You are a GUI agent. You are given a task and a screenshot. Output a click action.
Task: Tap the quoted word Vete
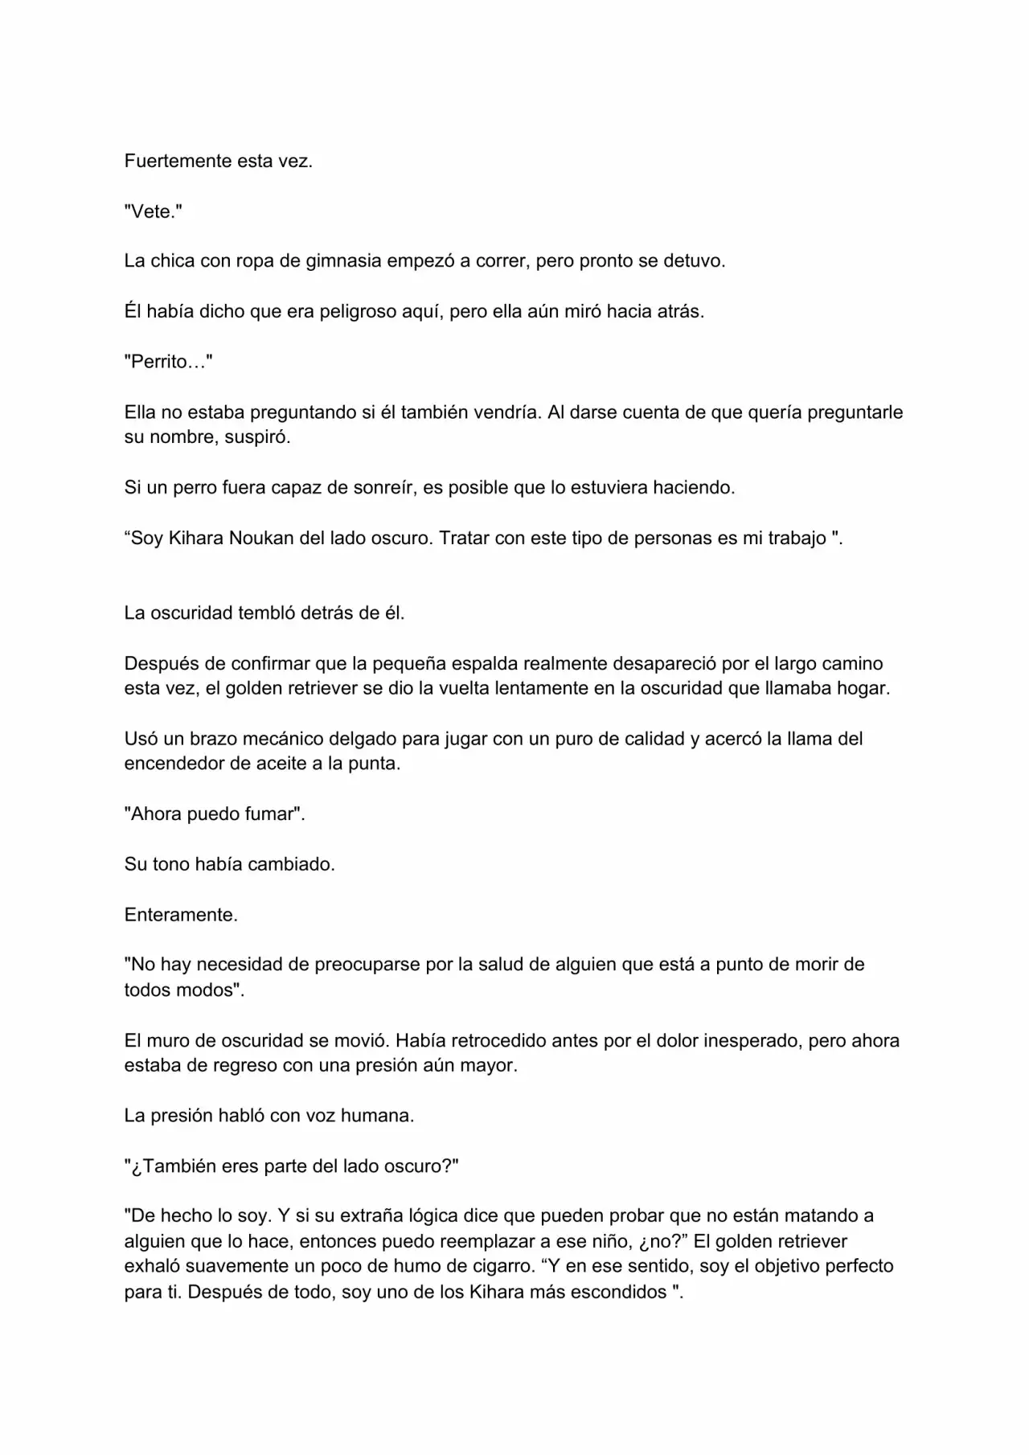(153, 211)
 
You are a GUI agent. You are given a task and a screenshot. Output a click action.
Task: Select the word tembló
(266, 613)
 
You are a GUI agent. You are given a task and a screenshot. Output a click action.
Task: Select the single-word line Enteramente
(181, 915)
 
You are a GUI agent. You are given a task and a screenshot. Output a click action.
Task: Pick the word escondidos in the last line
(618, 1292)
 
